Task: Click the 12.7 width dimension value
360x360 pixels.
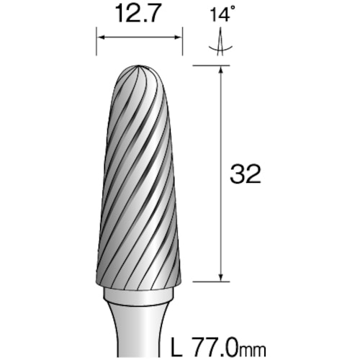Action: pyautogui.click(x=138, y=12)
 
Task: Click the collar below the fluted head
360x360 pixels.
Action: pyautogui.click(x=140, y=294)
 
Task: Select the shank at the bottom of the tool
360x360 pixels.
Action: pyautogui.click(x=140, y=331)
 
